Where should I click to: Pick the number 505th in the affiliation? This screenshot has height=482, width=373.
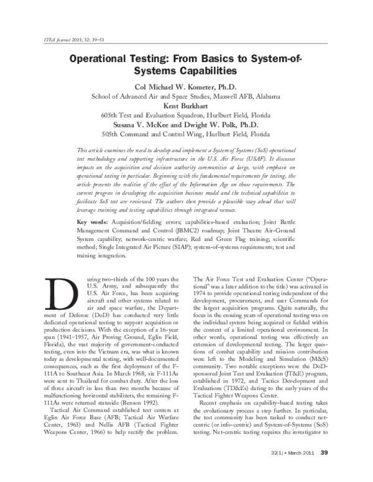tap(113, 134)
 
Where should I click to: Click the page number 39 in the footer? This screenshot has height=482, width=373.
tap(323, 469)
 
